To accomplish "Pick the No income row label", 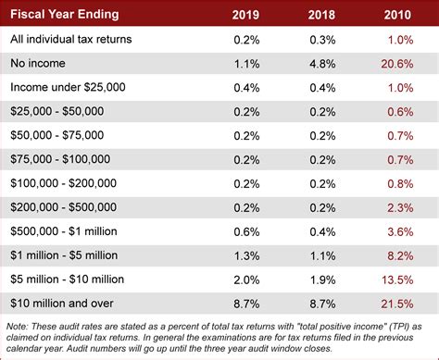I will tap(41, 63).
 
